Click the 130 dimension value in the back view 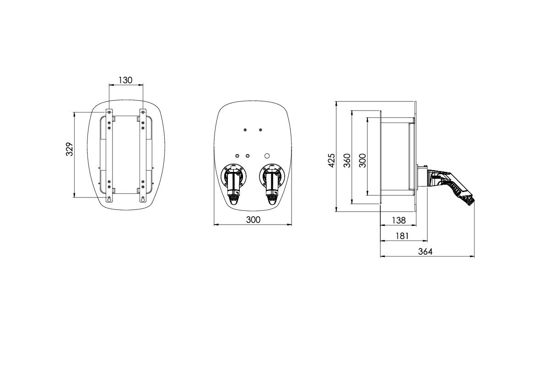125,80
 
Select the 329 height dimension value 70,149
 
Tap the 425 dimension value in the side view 332,160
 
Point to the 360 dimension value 347,160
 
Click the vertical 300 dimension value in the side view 363,160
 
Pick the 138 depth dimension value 399,220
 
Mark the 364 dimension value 425,251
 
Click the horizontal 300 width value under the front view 253,219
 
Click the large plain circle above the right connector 268,155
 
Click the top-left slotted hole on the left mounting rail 109,111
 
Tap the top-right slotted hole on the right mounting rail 143,111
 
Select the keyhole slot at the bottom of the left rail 109,198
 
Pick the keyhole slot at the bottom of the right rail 143,198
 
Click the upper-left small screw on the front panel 245,130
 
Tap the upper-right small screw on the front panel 260,130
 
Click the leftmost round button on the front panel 237,155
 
